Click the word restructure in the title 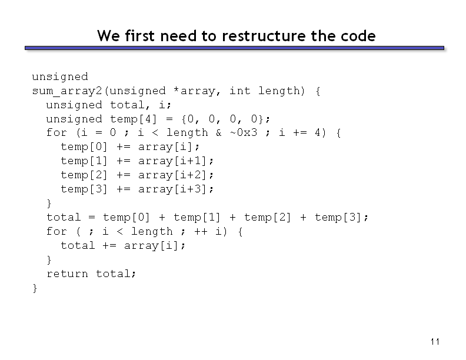[x=264, y=36]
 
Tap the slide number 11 [x=435, y=342]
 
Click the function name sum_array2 [x=67, y=91]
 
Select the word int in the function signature [x=240, y=91]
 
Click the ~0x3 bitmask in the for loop [x=244, y=132]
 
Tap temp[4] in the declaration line [x=134, y=119]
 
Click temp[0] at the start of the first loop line [x=84, y=146]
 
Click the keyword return [x=67, y=274]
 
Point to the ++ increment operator [x=201, y=231]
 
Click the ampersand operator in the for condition [x=219, y=132]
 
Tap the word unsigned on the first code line [x=60, y=77]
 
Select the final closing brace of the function [x=35, y=288]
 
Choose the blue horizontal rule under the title [x=235, y=48]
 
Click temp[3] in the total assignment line [x=338, y=218]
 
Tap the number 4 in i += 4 [x=318, y=132]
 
